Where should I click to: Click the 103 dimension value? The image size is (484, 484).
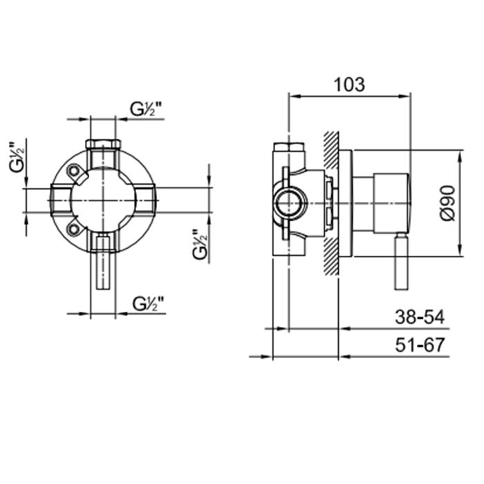tap(349, 84)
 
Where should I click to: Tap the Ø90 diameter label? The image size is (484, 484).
tap(448, 203)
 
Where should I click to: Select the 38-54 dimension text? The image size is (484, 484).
tap(420, 317)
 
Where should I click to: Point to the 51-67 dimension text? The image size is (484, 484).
tap(420, 345)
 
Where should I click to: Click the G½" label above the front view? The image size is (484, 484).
tap(146, 109)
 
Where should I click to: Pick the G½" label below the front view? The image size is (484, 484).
tap(148, 304)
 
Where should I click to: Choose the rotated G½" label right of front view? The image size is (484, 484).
tap(200, 244)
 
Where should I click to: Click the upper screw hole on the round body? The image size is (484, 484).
tap(74, 171)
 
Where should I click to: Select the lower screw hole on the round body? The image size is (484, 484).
tap(74, 229)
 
